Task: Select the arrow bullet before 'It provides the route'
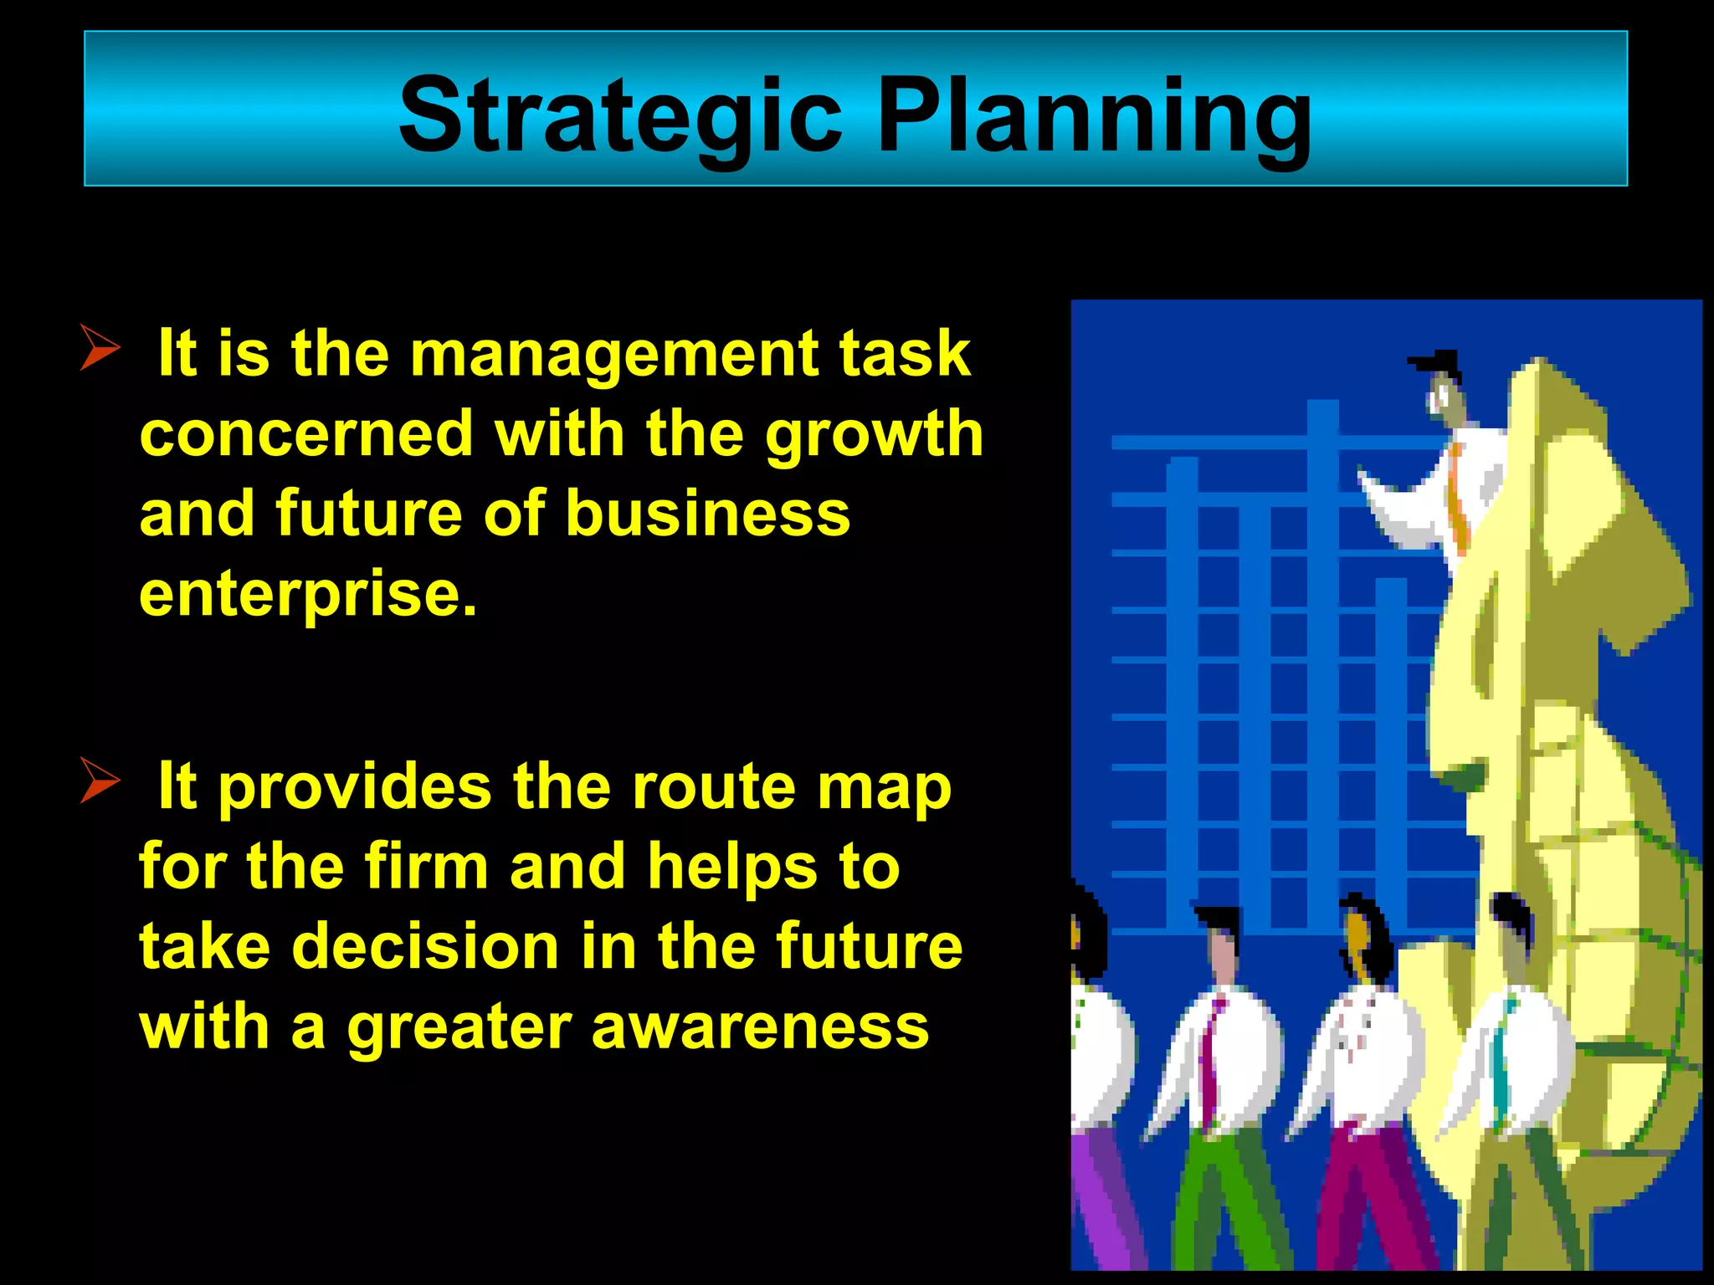tap(100, 780)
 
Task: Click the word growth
tap(874, 435)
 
